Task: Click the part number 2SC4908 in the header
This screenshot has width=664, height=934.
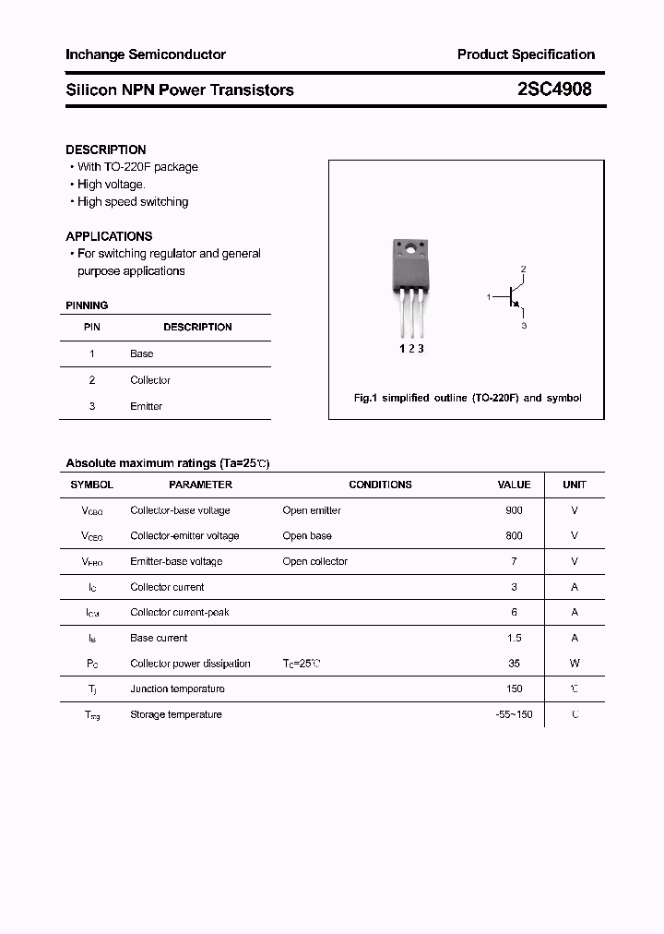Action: (553, 90)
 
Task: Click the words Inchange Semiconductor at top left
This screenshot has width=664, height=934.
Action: (146, 54)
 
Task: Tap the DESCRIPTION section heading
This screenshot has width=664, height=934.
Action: (106, 150)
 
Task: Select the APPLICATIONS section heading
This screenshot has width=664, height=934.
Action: (109, 236)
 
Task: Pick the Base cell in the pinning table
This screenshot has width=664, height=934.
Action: (142, 353)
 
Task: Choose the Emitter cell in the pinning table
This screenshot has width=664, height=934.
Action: (147, 406)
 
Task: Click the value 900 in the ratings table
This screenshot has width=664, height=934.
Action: (514, 510)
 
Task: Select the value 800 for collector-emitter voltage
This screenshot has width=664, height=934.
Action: (514, 535)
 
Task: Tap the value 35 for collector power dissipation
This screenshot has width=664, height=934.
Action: (514, 663)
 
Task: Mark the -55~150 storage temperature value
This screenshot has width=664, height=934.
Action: (514, 714)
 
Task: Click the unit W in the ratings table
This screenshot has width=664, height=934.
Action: (575, 663)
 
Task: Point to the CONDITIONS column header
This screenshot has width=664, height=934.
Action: (380, 485)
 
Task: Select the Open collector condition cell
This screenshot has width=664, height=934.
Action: (315, 561)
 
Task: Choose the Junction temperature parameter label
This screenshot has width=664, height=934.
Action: (177, 689)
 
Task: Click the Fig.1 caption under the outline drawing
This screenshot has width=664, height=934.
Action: (468, 398)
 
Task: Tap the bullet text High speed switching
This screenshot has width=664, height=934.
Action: (133, 201)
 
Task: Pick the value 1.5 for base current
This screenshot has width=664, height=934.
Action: (514, 638)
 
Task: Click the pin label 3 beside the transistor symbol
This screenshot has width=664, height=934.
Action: (524, 326)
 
